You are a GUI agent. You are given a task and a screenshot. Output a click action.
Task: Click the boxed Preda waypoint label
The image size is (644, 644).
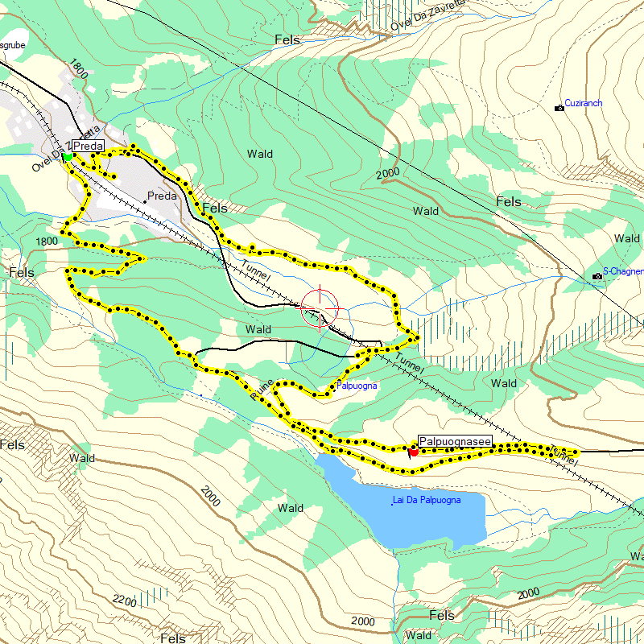(88, 146)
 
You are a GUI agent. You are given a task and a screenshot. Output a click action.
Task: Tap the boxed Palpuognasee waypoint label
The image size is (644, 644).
(455, 442)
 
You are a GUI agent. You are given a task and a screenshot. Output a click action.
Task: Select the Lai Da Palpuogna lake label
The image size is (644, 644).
(427, 501)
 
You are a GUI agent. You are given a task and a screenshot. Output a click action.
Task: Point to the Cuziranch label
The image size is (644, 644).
(584, 104)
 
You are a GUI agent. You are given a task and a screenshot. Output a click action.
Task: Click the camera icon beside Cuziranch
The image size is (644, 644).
(559, 107)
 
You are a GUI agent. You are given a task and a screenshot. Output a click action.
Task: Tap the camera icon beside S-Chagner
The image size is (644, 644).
(597, 276)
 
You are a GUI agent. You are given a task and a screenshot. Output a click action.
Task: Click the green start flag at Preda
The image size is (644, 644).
(66, 155)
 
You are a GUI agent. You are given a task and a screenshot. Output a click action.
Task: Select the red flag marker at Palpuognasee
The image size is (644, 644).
(413, 452)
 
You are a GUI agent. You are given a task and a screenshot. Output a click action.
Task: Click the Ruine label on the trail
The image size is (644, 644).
(262, 390)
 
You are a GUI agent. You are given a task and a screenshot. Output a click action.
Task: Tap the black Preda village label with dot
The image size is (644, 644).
(162, 196)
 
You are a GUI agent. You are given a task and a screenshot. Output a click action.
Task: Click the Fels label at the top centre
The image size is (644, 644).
(287, 39)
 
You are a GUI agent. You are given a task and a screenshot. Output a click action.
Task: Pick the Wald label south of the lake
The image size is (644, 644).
(290, 508)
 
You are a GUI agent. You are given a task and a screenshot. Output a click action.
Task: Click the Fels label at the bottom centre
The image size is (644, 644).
(442, 616)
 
